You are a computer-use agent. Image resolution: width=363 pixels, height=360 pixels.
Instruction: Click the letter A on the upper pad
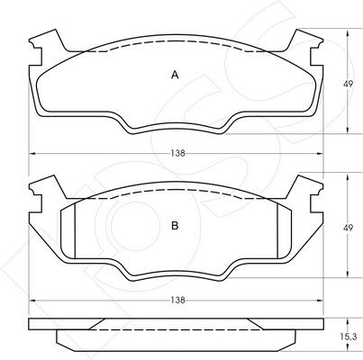[x=175, y=75]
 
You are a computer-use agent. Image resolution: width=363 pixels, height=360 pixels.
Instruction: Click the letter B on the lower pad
[x=175, y=225]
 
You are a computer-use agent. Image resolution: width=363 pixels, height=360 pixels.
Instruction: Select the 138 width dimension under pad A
[x=177, y=153]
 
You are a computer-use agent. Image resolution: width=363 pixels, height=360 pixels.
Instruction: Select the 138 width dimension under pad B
[x=177, y=300]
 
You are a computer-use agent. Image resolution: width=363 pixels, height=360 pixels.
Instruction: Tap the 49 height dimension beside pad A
[x=348, y=84]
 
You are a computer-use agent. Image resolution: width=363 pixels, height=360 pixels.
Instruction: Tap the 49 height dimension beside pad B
[x=348, y=228]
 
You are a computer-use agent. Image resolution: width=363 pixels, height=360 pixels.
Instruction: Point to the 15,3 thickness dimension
[x=349, y=337]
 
